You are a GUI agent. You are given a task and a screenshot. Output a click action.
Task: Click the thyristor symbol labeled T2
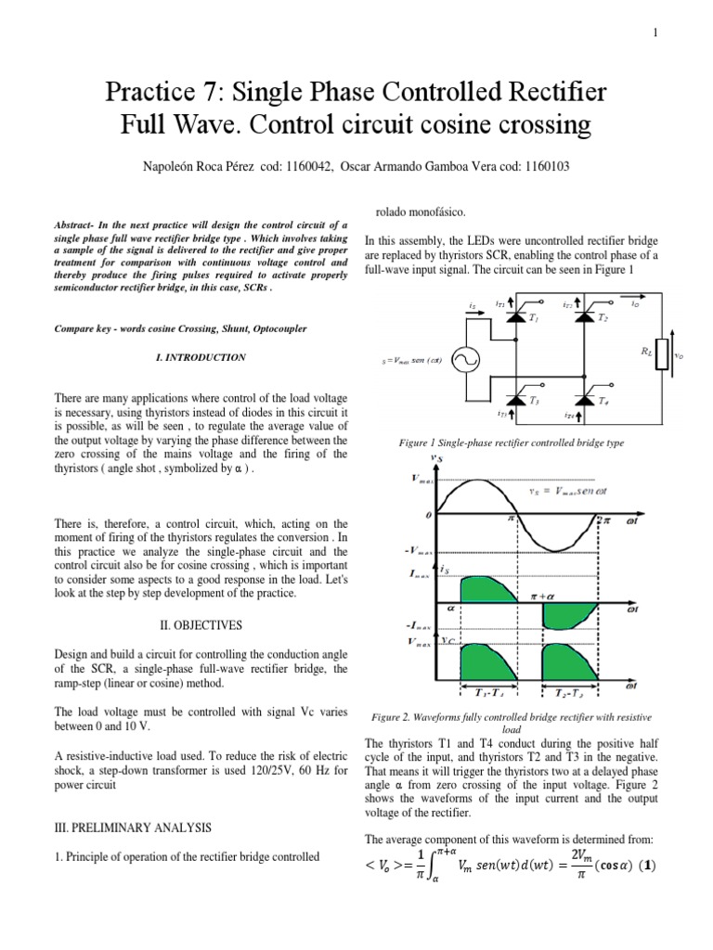coord(584,316)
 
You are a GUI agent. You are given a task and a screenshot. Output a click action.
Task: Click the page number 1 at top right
coord(655,33)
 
